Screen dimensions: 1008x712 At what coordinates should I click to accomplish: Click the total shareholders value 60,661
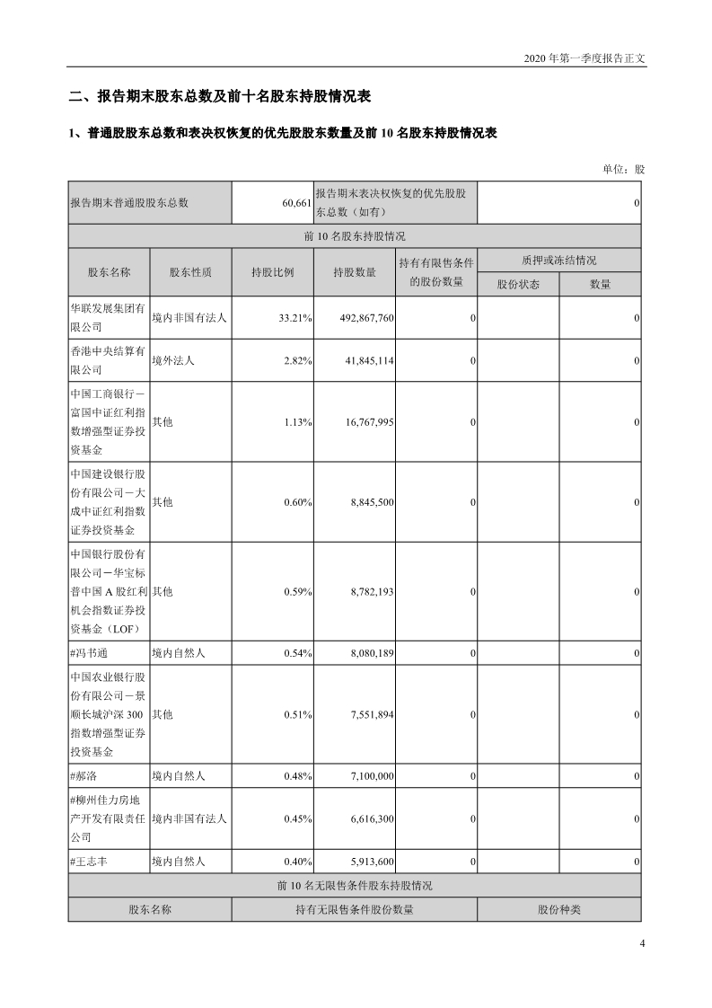tap(295, 203)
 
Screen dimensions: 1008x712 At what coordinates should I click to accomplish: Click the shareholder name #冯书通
tap(92, 653)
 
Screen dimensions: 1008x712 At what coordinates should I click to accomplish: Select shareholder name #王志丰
tap(92, 862)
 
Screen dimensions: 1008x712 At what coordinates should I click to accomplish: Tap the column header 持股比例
tap(273, 272)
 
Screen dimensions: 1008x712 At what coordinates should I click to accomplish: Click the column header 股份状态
tap(518, 284)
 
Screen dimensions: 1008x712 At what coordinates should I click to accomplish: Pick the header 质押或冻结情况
tap(558, 261)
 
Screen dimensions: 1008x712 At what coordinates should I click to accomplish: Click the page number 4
tap(642, 943)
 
